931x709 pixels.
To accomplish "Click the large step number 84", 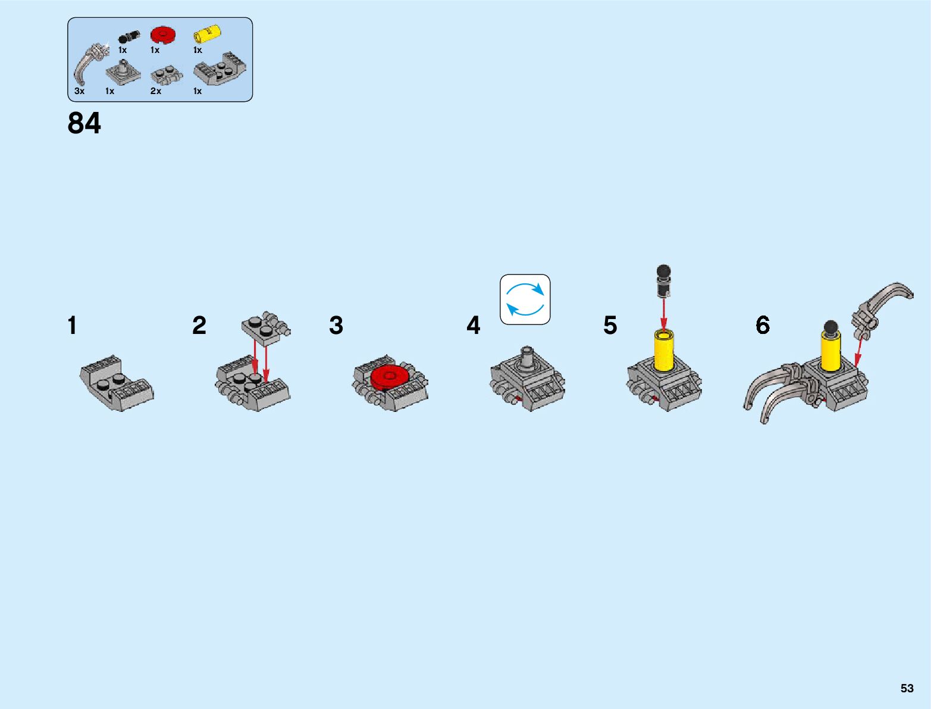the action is click(x=84, y=123).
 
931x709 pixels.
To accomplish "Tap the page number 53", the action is click(x=907, y=688).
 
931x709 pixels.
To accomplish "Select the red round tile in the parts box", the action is click(x=162, y=35).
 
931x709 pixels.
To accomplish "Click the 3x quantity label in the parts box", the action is click(x=80, y=91).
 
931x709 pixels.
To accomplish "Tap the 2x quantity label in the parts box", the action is click(x=156, y=91).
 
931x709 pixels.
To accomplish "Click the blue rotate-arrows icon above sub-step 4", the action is click(x=525, y=299).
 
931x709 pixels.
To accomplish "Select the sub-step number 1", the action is click(x=72, y=326).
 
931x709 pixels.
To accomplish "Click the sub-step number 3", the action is click(x=336, y=326).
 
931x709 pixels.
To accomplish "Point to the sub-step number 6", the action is click(x=763, y=326).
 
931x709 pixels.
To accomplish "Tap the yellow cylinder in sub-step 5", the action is click(x=664, y=351).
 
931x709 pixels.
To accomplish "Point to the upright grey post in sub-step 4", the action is click(x=527, y=359).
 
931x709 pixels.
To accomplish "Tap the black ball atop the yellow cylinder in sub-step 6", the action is click(x=831, y=327).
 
